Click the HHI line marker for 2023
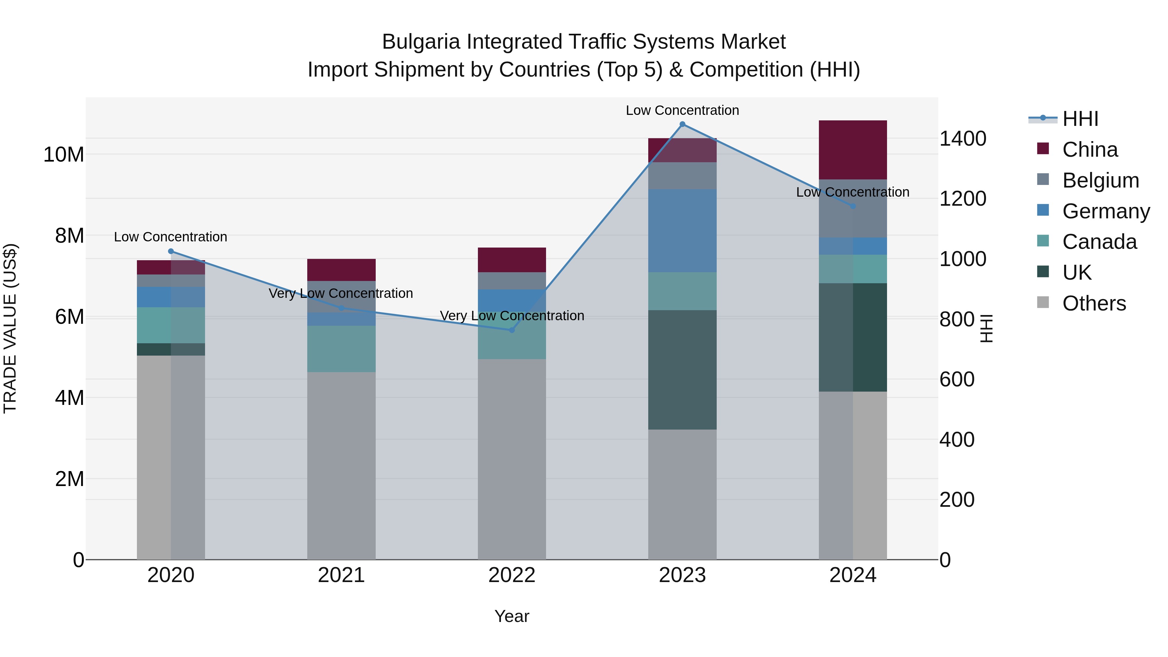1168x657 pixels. coord(682,124)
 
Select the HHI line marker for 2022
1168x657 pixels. coord(512,330)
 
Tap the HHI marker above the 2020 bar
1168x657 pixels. coord(171,251)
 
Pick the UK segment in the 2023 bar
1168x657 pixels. coord(682,370)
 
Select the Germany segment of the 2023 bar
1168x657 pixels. coord(682,230)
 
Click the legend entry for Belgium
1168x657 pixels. coord(1101,180)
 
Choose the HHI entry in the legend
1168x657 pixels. coord(1080,119)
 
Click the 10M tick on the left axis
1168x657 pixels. coord(64,155)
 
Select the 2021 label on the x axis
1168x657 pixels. coord(341,575)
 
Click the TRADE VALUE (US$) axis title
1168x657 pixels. coord(10,328)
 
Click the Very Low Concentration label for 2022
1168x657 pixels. coord(512,316)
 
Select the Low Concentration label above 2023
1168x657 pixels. coord(682,110)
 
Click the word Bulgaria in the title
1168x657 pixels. coord(421,42)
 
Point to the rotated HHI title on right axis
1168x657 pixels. coord(987,328)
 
